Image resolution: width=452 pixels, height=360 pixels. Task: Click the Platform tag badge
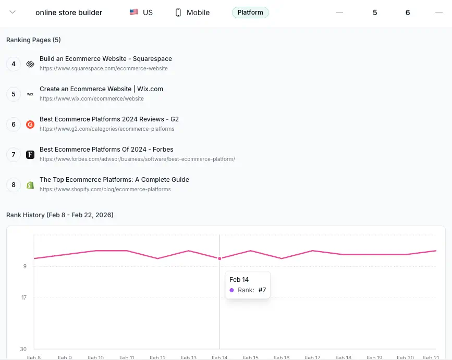(x=250, y=13)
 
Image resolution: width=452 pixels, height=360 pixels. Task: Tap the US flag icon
(x=134, y=13)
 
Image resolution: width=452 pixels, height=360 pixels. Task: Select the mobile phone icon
(x=178, y=13)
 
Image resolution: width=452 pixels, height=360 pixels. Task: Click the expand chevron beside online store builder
(x=13, y=13)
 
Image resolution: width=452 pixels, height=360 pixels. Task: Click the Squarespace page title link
(x=106, y=59)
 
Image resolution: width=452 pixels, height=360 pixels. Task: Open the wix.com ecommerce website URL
(x=92, y=98)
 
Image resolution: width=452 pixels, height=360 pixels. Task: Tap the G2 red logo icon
(x=30, y=125)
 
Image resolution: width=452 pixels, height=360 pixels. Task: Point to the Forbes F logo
(x=30, y=155)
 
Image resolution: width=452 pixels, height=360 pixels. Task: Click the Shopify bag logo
(x=30, y=185)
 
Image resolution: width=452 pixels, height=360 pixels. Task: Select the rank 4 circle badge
(x=14, y=64)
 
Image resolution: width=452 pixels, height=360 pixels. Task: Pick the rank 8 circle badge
(x=14, y=185)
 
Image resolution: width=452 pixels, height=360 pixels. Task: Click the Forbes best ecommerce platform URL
(x=137, y=159)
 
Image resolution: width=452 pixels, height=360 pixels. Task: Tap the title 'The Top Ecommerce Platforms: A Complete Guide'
(x=114, y=180)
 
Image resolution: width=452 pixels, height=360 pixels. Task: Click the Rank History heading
(x=60, y=215)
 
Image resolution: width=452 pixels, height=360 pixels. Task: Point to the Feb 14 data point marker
(x=219, y=258)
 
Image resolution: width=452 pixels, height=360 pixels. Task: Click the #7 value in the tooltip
(x=262, y=290)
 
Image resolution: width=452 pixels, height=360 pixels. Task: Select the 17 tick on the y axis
(x=24, y=298)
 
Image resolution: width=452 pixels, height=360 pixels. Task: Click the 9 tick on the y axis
(x=25, y=266)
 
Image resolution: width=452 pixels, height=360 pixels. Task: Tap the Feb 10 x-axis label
(x=95, y=357)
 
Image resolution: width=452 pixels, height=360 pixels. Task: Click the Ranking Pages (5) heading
(x=33, y=40)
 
